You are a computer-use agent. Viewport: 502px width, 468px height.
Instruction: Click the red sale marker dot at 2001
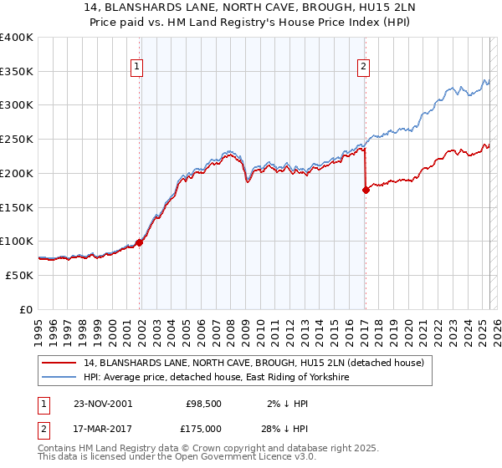139,242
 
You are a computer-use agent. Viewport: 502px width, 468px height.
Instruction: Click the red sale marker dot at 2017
366,191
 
